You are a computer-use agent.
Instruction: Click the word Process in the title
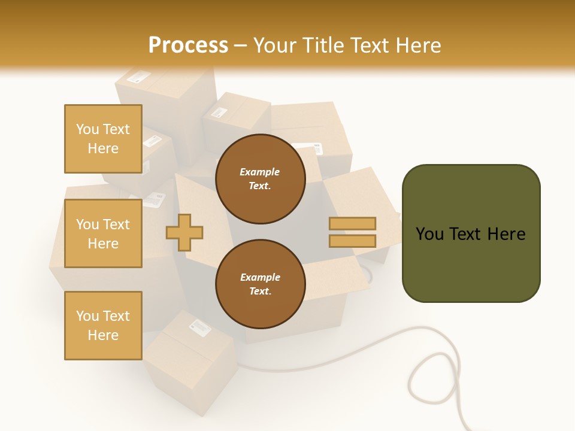188,45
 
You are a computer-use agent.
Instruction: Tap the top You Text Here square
103,139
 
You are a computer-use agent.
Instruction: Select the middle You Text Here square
103,233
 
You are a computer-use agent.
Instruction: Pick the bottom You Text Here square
103,325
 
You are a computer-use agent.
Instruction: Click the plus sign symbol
184,232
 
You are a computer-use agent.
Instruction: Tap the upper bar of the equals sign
353,223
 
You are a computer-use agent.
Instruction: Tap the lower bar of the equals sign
353,241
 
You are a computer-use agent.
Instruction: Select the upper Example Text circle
260,178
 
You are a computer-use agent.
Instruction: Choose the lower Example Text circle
260,284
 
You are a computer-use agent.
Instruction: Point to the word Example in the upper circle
260,172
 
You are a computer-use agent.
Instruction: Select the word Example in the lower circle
260,277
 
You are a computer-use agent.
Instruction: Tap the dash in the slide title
241,45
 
